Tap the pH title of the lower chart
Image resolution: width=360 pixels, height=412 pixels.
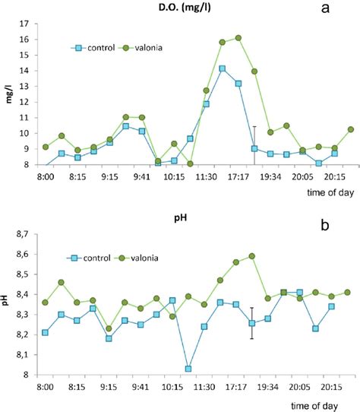tap(179, 226)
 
